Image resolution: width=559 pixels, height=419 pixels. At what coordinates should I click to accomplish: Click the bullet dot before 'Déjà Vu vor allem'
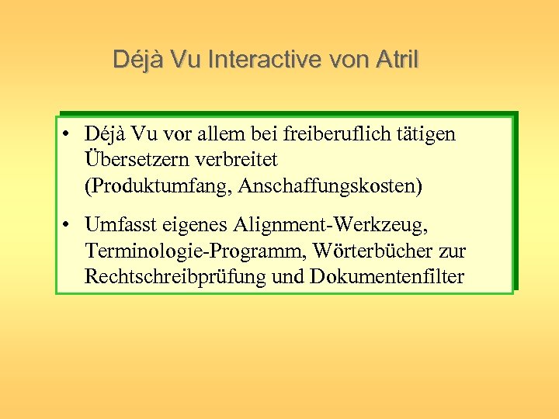[x=69, y=134]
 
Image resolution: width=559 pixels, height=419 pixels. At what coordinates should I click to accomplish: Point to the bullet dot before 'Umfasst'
[x=69, y=225]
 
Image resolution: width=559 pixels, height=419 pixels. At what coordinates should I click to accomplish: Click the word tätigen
[x=426, y=134]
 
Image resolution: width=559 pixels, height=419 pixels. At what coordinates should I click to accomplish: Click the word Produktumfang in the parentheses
[x=155, y=185]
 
